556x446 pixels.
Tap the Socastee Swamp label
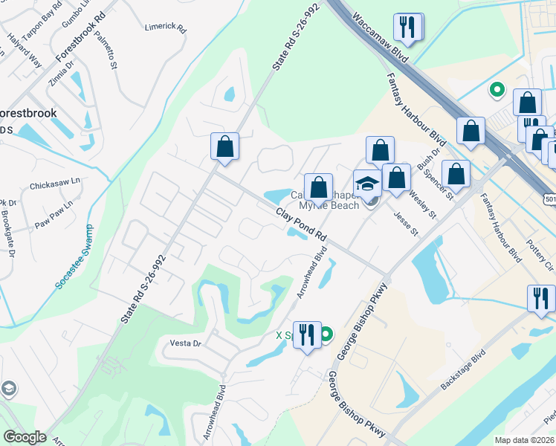(x=74, y=268)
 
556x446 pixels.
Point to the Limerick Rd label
(x=165, y=27)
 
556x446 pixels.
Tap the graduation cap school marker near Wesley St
(x=367, y=183)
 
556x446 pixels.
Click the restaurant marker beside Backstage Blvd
(x=541, y=298)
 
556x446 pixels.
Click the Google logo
(x=25, y=437)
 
